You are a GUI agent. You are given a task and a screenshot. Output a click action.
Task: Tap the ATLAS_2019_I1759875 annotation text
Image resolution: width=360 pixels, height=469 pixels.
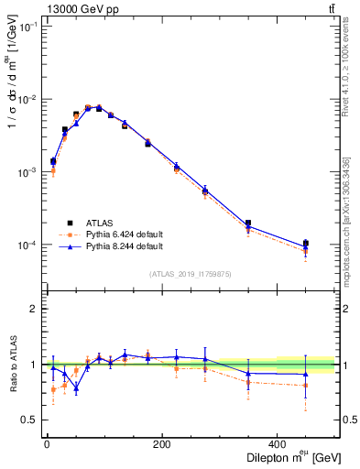pos(190,273)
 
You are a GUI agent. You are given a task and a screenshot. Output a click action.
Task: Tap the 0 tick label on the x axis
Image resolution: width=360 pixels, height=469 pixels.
pos(47,444)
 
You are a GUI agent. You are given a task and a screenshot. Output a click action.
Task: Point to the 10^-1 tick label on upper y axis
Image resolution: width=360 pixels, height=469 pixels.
pos(27,27)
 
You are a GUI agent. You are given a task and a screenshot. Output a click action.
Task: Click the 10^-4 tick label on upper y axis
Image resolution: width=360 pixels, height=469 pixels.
pos(27,245)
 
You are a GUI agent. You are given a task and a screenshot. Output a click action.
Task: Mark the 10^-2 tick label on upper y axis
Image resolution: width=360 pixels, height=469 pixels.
pos(27,99)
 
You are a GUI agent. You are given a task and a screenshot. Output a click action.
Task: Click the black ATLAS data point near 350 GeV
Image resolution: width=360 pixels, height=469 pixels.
pos(248,223)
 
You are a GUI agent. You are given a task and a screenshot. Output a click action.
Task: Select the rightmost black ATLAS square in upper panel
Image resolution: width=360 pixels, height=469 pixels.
pos(306,243)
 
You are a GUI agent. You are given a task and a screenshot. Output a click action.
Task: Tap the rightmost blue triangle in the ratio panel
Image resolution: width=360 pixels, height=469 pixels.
pos(306,374)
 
